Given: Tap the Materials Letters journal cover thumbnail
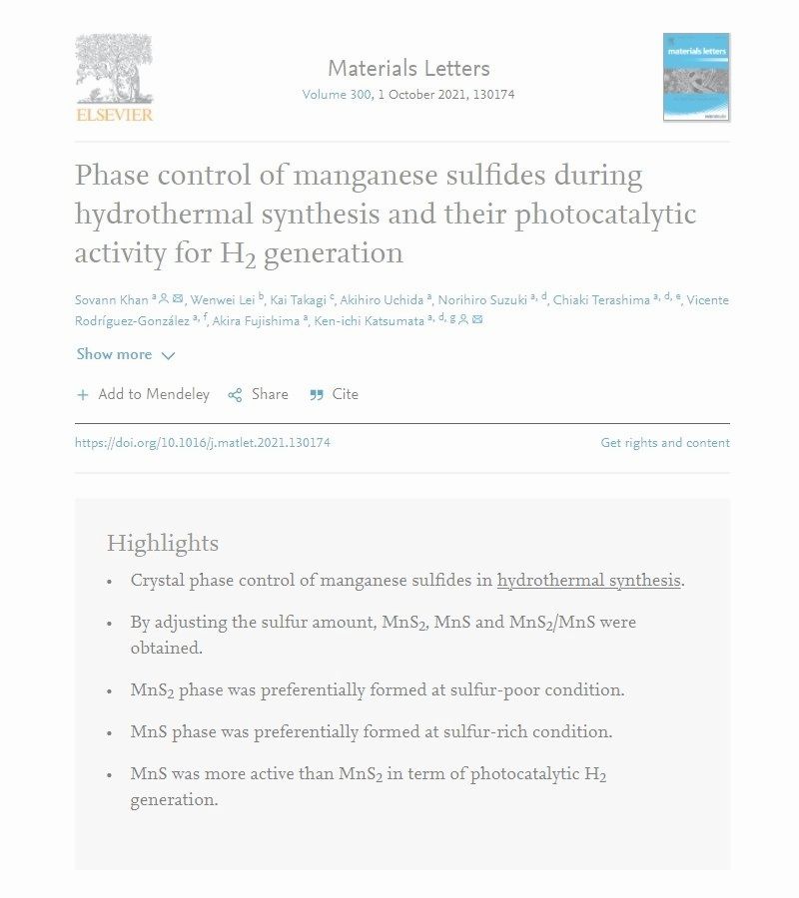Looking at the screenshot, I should pyautogui.click(x=696, y=77).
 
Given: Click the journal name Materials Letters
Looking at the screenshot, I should pyautogui.click(x=408, y=69).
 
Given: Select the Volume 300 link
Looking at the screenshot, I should pyautogui.click(x=336, y=95).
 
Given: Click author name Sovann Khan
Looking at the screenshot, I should pyautogui.click(x=111, y=300).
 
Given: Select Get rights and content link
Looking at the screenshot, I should pyautogui.click(x=664, y=443).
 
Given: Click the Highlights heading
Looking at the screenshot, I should pyautogui.click(x=162, y=544).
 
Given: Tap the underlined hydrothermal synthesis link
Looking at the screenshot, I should pyautogui.click(x=588, y=581).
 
